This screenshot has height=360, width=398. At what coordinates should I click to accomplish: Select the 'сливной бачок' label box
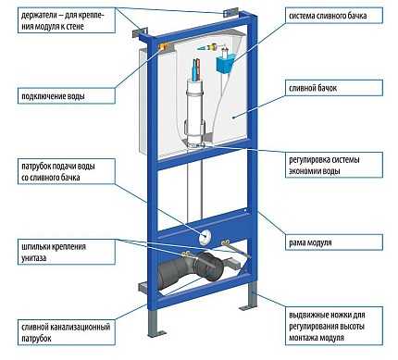pos(334,88)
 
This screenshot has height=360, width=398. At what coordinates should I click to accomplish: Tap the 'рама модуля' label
pos(334,242)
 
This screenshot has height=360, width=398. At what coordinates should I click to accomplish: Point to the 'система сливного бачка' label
pos(334,16)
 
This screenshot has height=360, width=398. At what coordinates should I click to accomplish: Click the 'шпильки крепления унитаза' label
pos(67,252)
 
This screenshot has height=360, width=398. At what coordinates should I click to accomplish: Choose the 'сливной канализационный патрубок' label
pos(67,332)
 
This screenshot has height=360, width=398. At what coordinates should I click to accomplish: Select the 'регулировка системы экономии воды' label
pos(334,165)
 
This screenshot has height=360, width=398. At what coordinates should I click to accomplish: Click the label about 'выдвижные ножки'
pos(334,326)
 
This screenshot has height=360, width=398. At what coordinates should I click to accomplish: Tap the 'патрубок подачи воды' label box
pos(67,171)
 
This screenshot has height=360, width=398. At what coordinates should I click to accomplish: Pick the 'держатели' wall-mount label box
pos(67,20)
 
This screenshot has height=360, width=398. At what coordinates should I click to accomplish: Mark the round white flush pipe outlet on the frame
pos(205,237)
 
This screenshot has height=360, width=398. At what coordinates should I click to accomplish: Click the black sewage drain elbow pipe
pos(191,271)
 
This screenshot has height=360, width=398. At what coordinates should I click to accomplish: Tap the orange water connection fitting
pos(164,47)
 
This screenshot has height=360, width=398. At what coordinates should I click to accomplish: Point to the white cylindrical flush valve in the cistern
pos(195,113)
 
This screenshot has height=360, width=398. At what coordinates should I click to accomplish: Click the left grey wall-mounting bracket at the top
pos(140,32)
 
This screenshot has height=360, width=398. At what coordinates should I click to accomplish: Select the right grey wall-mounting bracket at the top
pos(230,13)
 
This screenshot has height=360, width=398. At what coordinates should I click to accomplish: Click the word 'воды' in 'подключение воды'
pos(77,96)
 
